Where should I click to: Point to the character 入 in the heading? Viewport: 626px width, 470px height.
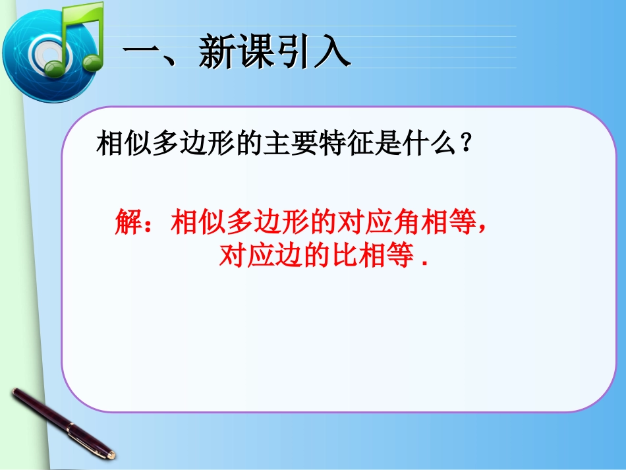(x=332, y=51)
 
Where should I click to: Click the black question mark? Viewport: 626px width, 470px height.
(x=465, y=142)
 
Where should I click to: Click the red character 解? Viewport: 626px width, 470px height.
(x=128, y=221)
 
